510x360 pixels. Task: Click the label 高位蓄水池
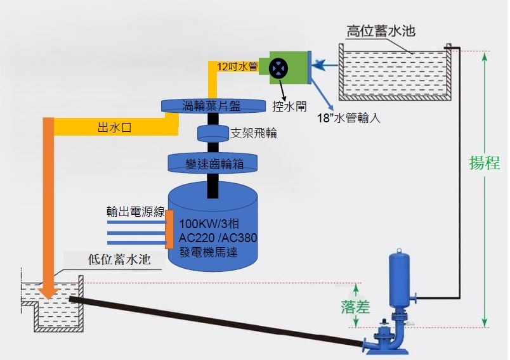point(381,31)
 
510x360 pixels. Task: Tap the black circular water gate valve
point(278,68)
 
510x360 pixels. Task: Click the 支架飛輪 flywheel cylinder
point(213,133)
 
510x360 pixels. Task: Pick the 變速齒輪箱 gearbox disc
point(213,164)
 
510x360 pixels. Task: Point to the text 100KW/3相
point(209,224)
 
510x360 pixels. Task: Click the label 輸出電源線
point(136,212)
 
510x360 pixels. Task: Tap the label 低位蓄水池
point(119,259)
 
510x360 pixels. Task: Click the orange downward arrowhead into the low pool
point(48,292)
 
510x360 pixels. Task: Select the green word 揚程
point(485,162)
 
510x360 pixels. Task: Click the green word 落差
point(355,306)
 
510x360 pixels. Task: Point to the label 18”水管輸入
point(349,118)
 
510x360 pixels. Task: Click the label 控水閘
point(289,106)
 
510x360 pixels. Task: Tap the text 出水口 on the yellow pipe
point(114,127)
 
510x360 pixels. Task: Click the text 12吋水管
point(237,67)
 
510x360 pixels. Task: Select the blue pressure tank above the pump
point(400,279)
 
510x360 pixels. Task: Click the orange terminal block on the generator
point(169,229)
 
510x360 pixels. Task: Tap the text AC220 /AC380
point(218,238)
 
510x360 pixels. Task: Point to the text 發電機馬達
point(209,252)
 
